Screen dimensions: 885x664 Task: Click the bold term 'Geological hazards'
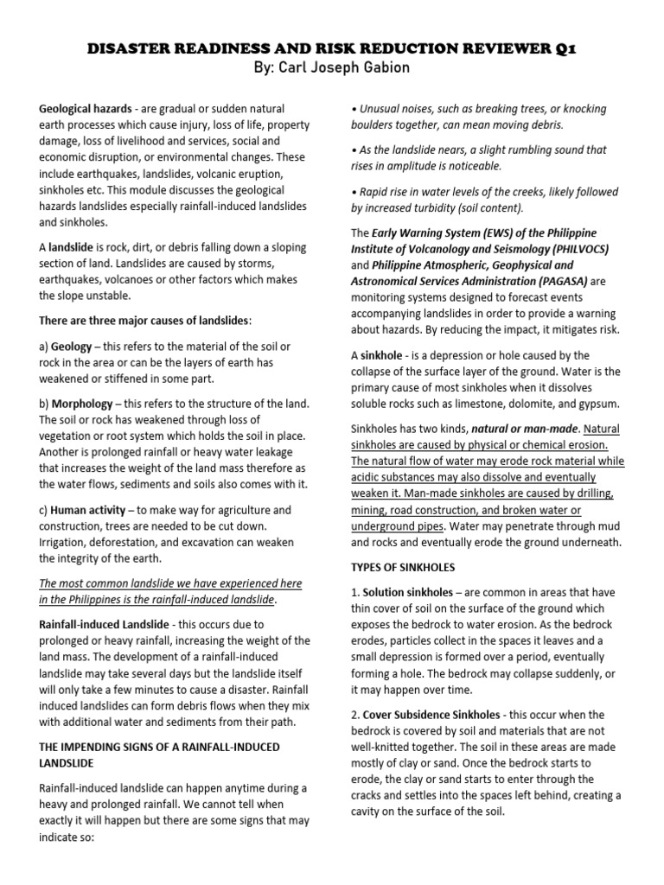point(84,110)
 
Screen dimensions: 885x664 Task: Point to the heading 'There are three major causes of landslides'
point(144,321)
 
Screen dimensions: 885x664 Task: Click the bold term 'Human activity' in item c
point(90,510)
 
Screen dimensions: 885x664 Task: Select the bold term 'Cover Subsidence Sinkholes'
point(431,715)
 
